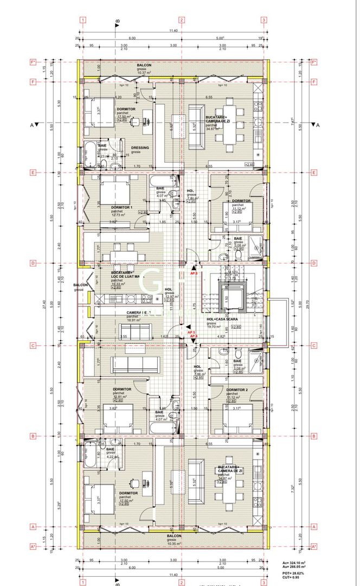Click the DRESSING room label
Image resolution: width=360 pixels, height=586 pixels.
(x=140, y=148)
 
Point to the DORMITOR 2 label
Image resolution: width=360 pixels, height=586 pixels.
(x=237, y=390)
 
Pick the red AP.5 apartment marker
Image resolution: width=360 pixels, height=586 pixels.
(x=191, y=332)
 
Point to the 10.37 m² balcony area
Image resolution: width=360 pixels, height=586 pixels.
(x=144, y=73)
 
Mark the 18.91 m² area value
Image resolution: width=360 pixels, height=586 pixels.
(x=134, y=320)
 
